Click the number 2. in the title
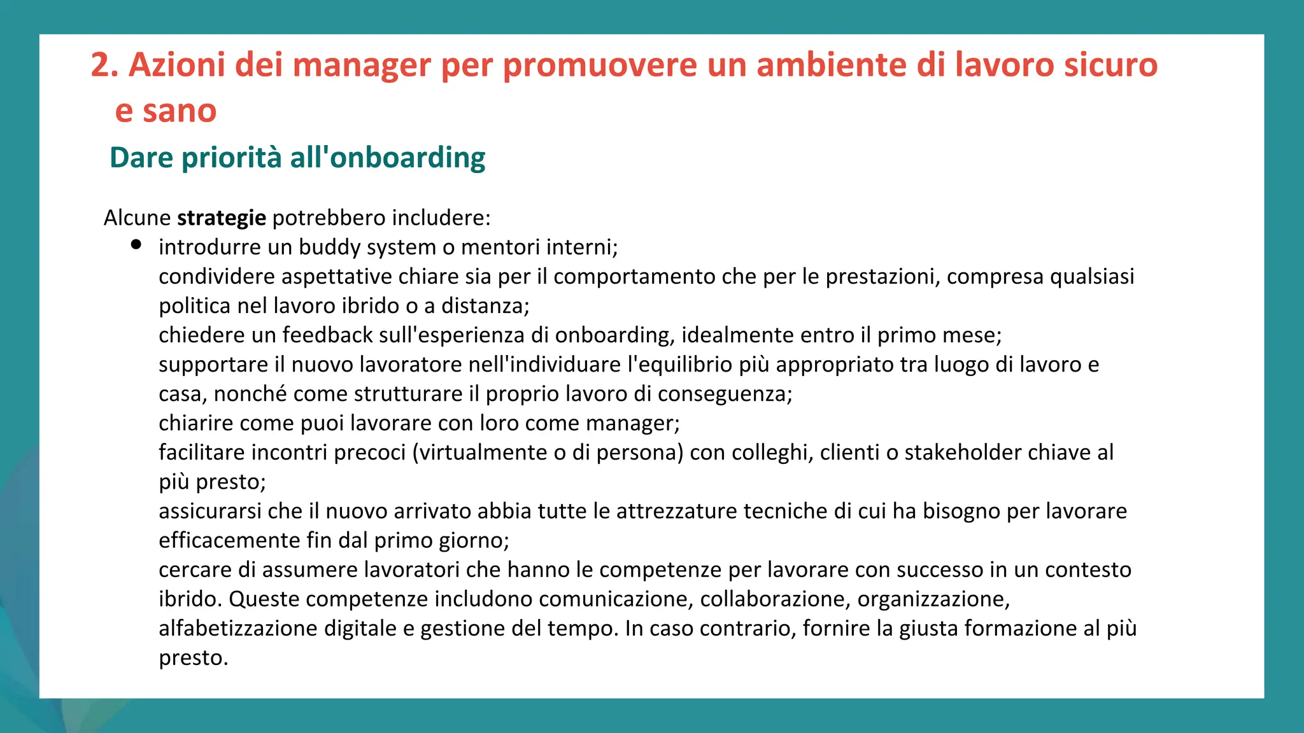(x=104, y=65)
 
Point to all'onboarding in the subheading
(x=388, y=158)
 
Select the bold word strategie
(x=222, y=218)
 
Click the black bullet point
(x=136, y=245)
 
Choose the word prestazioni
(x=882, y=277)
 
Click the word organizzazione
(x=933, y=599)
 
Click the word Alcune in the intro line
(x=137, y=218)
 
